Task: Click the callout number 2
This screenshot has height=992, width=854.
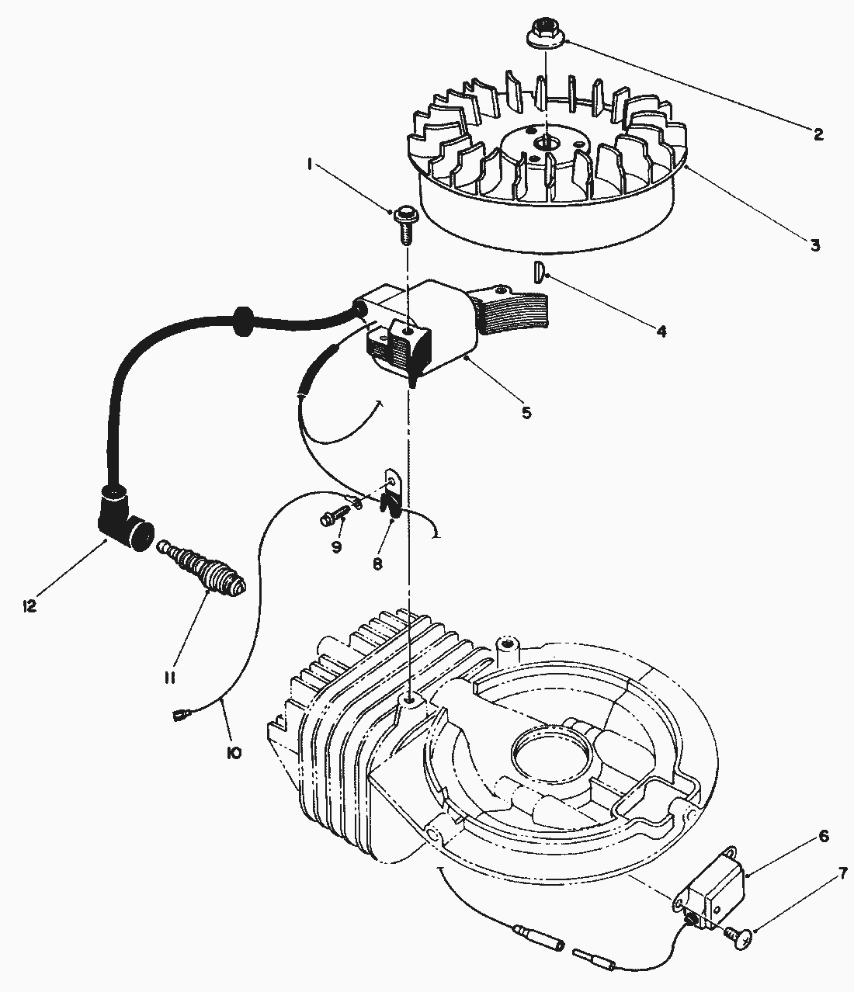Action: pos(818,134)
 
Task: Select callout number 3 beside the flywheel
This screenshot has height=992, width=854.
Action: pos(814,245)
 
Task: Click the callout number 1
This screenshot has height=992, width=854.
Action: pos(310,164)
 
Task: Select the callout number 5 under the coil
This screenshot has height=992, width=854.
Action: pos(526,412)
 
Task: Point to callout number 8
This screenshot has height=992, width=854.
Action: pos(377,564)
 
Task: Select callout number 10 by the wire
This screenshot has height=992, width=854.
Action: pos(234,752)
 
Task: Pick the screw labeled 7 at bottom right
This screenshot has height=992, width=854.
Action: pos(741,938)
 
